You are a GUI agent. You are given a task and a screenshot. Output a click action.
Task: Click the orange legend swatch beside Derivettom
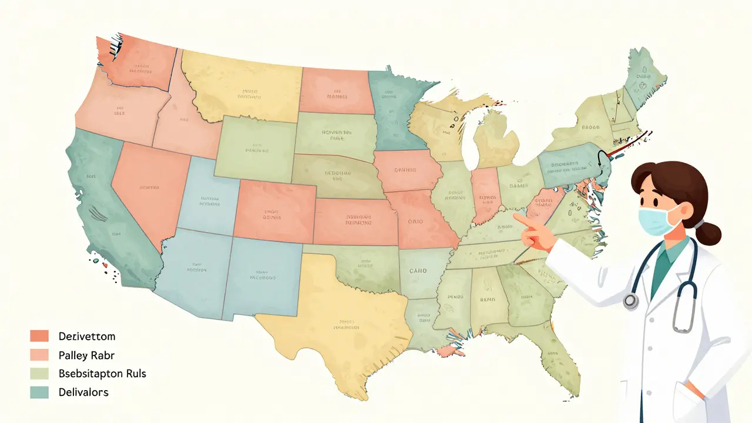click(38, 336)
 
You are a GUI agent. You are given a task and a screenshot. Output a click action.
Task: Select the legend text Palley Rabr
click(86, 355)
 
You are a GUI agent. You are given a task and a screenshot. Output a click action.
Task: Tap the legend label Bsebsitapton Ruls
click(102, 374)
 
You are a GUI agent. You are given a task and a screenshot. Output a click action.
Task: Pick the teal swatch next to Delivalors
click(38, 392)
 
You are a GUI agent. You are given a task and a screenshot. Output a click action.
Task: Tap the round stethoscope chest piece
click(631, 301)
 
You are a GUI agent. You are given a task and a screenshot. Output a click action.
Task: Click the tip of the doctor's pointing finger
click(515, 216)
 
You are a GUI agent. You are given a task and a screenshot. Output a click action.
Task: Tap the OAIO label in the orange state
click(415, 223)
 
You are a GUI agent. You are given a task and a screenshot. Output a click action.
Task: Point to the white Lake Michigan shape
click(469, 141)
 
